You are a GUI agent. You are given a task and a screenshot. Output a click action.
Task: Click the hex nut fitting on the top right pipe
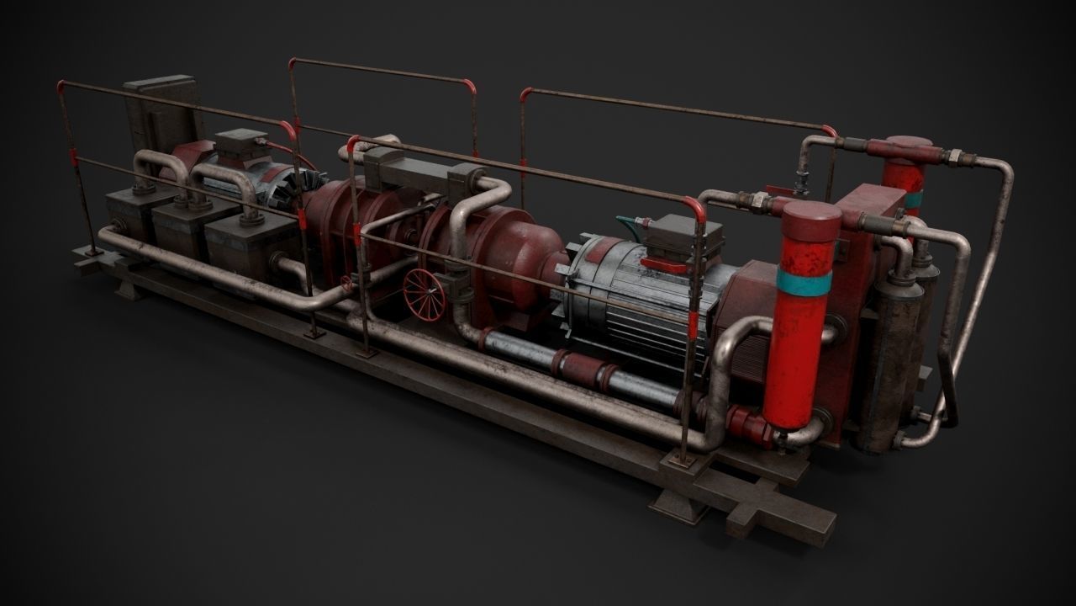click(x=955, y=156)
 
